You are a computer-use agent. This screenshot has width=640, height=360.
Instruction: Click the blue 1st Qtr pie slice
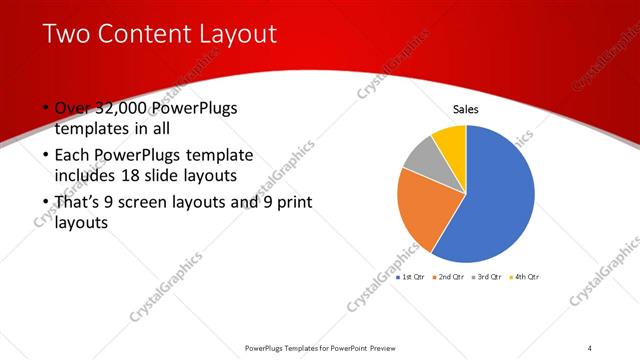[x=495, y=195]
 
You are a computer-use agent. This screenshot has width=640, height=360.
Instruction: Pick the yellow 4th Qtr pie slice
[x=451, y=140]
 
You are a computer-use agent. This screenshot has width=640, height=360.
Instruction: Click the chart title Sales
[x=467, y=109]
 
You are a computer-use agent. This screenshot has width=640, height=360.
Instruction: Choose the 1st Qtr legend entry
[x=411, y=276]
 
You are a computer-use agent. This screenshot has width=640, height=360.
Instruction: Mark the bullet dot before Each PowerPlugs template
[x=46, y=156]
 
